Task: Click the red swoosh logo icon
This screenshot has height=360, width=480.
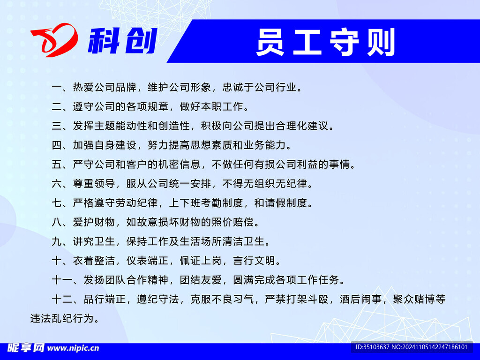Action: [54, 40]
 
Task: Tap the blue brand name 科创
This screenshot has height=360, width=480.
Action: [123, 41]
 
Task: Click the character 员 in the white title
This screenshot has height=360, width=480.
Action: [270, 42]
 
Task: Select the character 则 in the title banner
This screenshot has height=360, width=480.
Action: [381, 42]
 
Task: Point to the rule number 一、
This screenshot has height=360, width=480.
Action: [62, 88]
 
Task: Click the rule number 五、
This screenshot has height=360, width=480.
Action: [62, 165]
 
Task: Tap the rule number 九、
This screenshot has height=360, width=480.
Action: [62, 241]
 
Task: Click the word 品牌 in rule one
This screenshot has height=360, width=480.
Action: [126, 88]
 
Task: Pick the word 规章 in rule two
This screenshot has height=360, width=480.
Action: [158, 106]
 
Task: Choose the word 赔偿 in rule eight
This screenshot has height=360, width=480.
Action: [243, 222]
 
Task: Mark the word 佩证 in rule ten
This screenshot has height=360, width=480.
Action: [190, 261]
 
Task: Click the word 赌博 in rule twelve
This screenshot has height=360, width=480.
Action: [425, 299]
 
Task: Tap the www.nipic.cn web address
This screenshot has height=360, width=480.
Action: [74, 348]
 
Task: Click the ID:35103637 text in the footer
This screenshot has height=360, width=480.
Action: [372, 347]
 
